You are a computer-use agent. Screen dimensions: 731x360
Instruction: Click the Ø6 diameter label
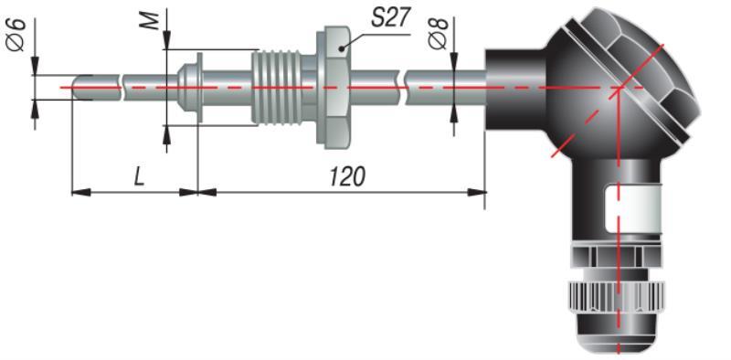16,35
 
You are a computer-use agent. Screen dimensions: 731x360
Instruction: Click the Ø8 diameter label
438,34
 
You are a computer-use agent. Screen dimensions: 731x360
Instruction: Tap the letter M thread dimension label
150,21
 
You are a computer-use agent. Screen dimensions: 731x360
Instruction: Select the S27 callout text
391,17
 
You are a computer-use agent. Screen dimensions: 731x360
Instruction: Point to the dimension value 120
347,177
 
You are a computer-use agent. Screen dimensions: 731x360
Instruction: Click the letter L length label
139,177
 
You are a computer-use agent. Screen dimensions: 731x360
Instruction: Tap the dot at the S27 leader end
342,48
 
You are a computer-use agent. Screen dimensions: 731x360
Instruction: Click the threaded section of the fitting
275,88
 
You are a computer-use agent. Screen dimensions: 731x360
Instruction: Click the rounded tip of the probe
77,88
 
